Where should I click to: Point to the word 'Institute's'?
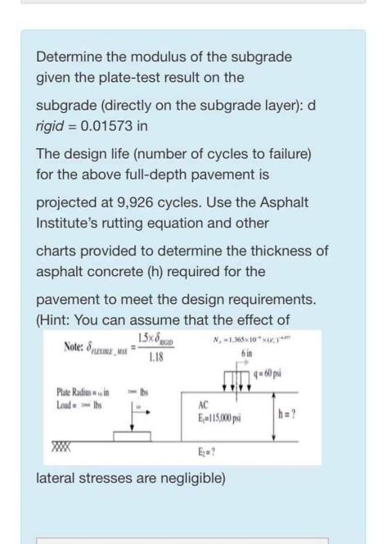pos(68,222)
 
